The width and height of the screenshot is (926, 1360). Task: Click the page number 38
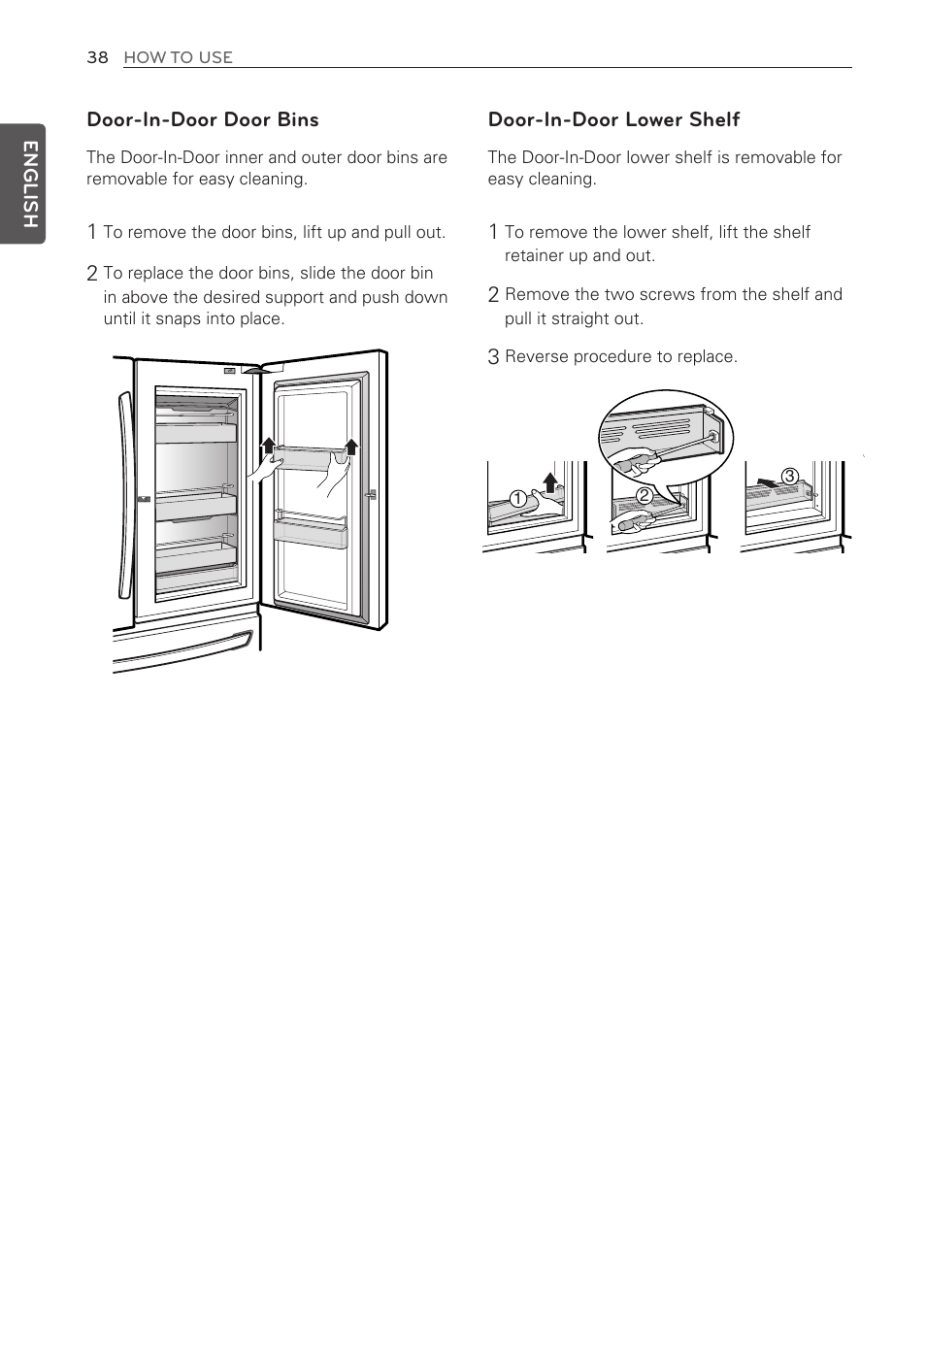point(97,57)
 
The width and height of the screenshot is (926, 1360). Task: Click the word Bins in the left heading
point(297,119)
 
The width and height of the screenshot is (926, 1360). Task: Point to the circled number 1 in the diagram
point(517,499)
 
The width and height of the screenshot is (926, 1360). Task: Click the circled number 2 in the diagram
point(643,495)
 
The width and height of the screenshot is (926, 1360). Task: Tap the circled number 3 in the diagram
point(789,476)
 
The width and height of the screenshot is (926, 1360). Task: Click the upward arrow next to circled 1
point(550,481)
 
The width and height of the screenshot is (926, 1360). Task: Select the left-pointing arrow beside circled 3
point(767,481)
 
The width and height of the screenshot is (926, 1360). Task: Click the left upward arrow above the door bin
point(269,447)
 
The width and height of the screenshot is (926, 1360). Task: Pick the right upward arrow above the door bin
point(351,447)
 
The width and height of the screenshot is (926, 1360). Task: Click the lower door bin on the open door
point(311,533)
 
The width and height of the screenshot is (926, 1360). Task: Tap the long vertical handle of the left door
point(123,495)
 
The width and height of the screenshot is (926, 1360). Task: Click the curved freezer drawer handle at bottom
point(184,653)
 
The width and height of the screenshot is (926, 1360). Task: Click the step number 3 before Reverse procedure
point(493,357)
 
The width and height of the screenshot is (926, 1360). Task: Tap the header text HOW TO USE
point(178,57)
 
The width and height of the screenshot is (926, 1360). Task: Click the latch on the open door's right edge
point(370,494)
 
